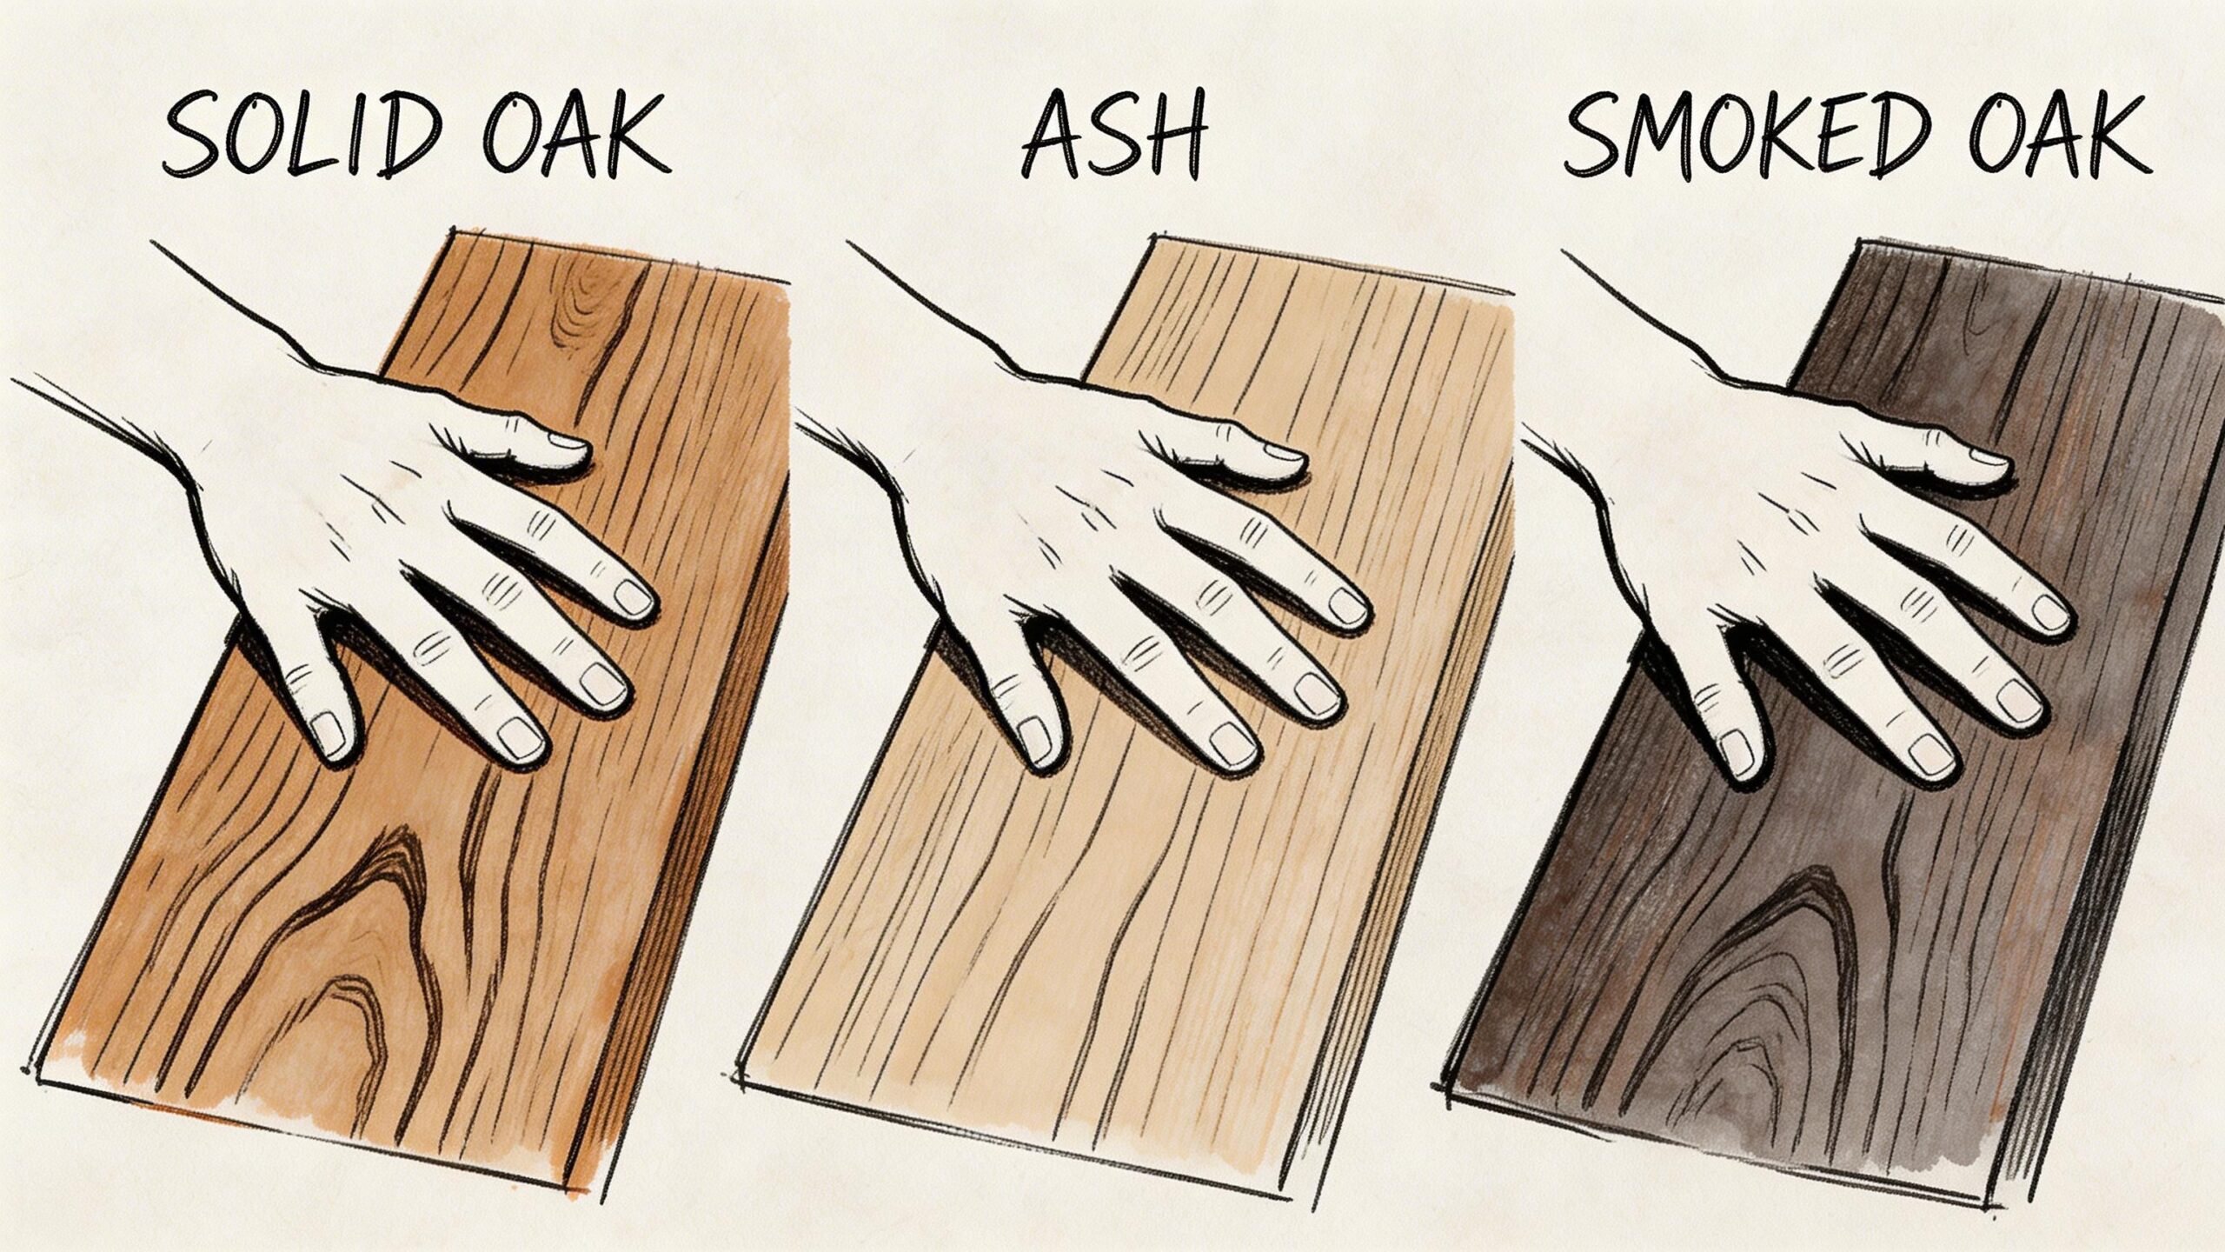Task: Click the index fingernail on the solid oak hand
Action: click(x=634, y=596)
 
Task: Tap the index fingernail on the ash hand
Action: click(x=1347, y=606)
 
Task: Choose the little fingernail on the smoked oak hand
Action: click(x=1737, y=751)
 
